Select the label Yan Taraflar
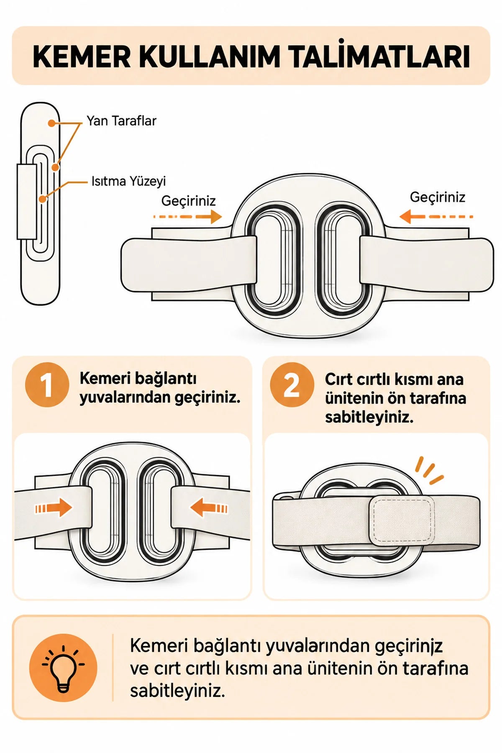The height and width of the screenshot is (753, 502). click(x=121, y=121)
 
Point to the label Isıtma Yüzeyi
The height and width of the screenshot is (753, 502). click(x=129, y=181)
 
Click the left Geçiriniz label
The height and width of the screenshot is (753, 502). click(x=188, y=201)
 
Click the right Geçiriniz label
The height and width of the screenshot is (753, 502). click(x=438, y=197)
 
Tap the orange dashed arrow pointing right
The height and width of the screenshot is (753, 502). click(x=187, y=217)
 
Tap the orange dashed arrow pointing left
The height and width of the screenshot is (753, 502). click(x=436, y=217)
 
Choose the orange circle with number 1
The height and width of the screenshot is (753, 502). click(x=47, y=385)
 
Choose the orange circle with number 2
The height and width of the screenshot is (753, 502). click(x=292, y=385)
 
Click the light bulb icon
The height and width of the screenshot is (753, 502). click(x=63, y=668)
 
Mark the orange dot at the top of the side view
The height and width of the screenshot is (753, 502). click(x=51, y=123)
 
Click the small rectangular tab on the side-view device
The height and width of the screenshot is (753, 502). click(x=27, y=202)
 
